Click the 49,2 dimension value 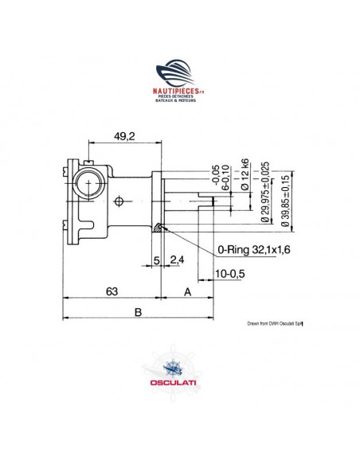(x=123, y=137)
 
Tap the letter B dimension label (x=139, y=313)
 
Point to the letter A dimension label (x=188, y=292)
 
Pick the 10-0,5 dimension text (x=229, y=275)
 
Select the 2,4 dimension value (x=177, y=260)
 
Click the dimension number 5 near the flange (x=156, y=260)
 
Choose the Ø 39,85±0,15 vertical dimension (x=285, y=194)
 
